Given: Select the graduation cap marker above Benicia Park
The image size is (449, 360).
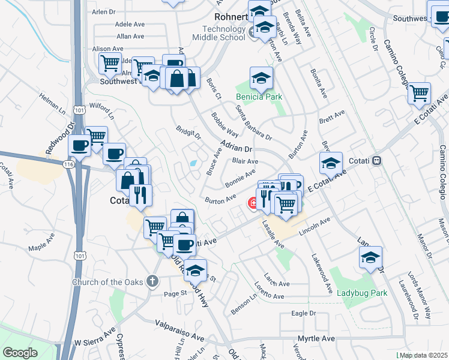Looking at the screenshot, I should coord(261,77).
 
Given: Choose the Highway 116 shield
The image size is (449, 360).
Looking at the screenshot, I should coord(68,163).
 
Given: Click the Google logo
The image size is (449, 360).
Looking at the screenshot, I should coord(20,352).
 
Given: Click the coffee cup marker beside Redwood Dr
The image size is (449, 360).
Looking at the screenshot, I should coord(80,145).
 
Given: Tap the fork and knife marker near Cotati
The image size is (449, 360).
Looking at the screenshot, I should coord(140,194).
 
